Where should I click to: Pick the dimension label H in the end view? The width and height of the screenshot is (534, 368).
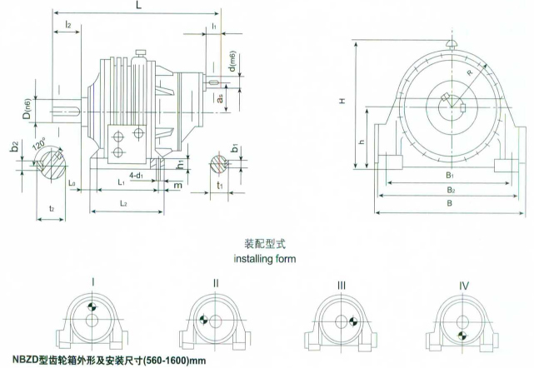coord(342,101)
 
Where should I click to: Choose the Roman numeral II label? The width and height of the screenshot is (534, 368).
coord(216,284)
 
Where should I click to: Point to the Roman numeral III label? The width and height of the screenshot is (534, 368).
coord(342,285)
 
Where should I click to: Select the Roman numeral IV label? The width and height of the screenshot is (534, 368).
coord(464,285)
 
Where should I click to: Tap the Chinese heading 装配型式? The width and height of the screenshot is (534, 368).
coord(264,246)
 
